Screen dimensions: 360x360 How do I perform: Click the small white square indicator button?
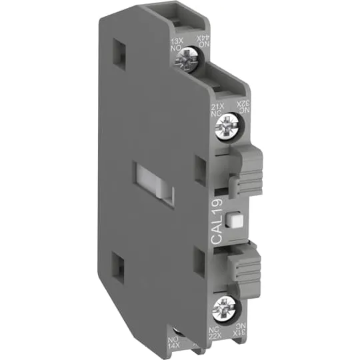233,219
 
